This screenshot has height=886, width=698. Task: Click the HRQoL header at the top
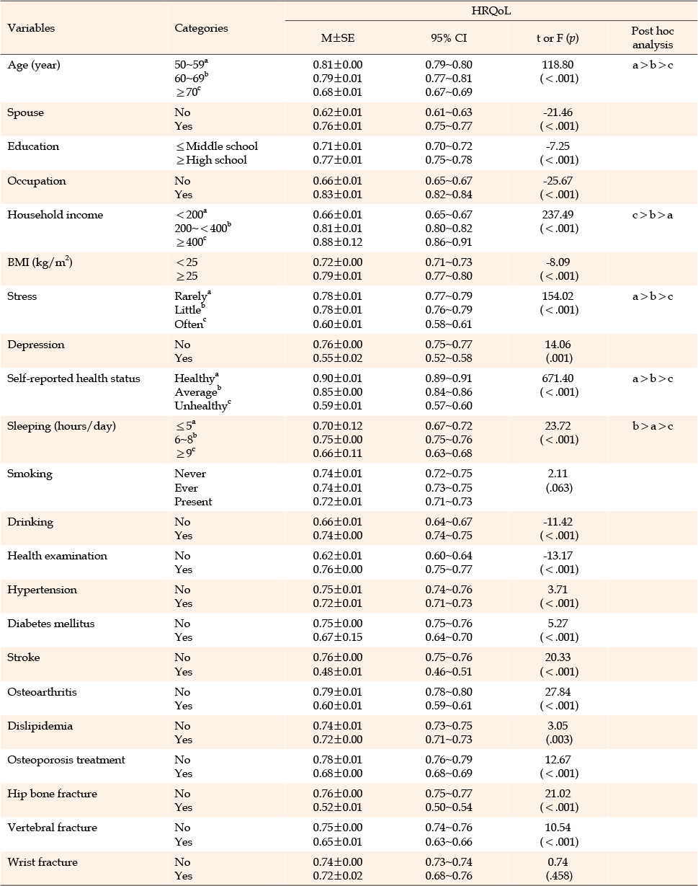tap(491, 11)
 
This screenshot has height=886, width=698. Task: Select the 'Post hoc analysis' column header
tap(653, 38)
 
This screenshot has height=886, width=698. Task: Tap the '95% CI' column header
tap(449, 38)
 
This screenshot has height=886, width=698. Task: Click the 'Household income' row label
tap(55, 215)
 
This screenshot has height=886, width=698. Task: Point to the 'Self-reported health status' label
tap(73, 378)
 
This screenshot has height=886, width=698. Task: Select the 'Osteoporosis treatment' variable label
tap(66, 760)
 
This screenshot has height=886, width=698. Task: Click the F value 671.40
tap(558, 378)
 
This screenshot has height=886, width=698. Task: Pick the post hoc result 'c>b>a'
tap(653, 215)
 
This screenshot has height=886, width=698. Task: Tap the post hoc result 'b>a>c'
tap(653, 426)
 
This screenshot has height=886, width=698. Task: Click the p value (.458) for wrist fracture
tap(559, 876)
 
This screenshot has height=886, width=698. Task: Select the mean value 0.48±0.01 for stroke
tap(337, 671)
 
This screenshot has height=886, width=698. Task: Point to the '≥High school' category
tap(211, 160)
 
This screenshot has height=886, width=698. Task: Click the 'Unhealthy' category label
tap(202, 406)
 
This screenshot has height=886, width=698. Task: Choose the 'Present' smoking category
tap(193, 502)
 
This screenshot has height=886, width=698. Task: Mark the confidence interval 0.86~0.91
tap(449, 242)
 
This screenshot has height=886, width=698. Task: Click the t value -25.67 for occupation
tap(558, 181)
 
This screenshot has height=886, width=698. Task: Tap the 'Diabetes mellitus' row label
tap(51, 624)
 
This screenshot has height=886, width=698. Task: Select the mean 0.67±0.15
tap(337, 637)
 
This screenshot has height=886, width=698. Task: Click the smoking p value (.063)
tap(559, 488)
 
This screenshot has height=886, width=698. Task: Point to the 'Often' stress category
tap(190, 324)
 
